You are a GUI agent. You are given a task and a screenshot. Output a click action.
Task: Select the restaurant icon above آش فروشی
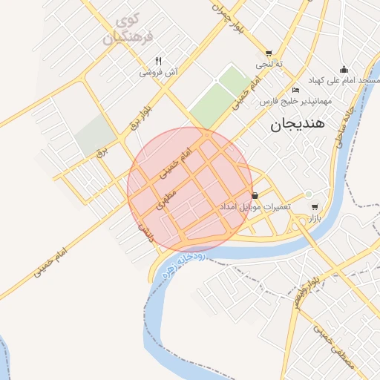(x=157, y=61)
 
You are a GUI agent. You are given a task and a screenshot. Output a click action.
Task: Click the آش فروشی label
(x=157, y=73)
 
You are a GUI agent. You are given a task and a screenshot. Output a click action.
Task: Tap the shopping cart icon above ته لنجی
(x=268, y=53)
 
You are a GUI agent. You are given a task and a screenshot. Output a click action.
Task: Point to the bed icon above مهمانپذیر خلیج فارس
(x=296, y=90)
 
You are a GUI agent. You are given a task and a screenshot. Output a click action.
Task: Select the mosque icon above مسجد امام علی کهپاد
(x=344, y=69)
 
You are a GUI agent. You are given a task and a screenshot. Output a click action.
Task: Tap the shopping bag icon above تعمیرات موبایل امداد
(x=255, y=195)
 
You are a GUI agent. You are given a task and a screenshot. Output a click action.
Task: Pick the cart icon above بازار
(x=315, y=206)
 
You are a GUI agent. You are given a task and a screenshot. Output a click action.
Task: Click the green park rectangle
(x=221, y=95)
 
